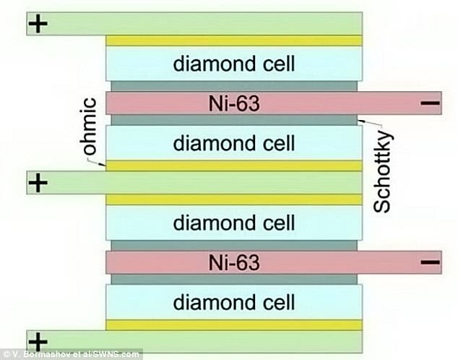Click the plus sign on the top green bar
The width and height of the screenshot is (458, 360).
(x=38, y=24)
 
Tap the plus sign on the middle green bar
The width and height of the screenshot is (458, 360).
(x=38, y=183)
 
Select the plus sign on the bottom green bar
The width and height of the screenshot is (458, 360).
(x=38, y=342)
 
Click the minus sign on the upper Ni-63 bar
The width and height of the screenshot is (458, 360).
(x=430, y=103)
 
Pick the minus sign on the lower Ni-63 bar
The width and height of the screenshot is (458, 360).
(x=430, y=262)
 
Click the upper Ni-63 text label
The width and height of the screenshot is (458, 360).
(x=234, y=103)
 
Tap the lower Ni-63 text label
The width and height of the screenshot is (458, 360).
(x=234, y=262)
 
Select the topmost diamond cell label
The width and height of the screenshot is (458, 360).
(x=234, y=64)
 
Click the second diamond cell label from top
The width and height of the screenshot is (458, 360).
(x=234, y=143)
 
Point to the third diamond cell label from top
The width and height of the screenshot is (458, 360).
(x=234, y=223)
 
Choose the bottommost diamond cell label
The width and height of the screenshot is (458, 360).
(x=234, y=302)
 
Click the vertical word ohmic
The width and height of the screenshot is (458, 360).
(x=87, y=126)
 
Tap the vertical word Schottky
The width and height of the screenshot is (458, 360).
(x=383, y=172)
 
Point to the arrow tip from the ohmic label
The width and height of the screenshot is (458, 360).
(x=105, y=166)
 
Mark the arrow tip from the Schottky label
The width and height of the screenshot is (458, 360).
(x=358, y=120)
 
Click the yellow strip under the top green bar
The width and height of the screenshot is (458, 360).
(x=234, y=41)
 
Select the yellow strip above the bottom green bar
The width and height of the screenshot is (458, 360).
(x=234, y=325)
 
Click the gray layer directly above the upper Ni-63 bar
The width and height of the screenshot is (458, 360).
(x=234, y=86)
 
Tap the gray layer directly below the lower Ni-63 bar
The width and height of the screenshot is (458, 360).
(x=234, y=279)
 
